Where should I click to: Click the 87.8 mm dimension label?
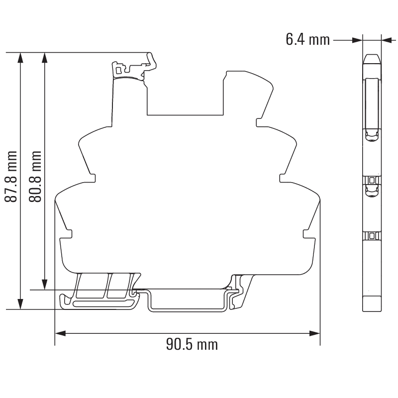pos(11,177)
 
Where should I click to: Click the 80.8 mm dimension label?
pos(35,177)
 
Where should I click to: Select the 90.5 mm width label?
pos(192,344)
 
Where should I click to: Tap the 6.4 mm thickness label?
pos(307,40)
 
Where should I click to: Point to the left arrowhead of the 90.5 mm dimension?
pos(60,333)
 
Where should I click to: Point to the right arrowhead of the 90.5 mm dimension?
pos(314,333)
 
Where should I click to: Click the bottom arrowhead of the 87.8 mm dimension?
pos(20,304)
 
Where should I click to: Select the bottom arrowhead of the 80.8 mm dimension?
pos(45,284)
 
